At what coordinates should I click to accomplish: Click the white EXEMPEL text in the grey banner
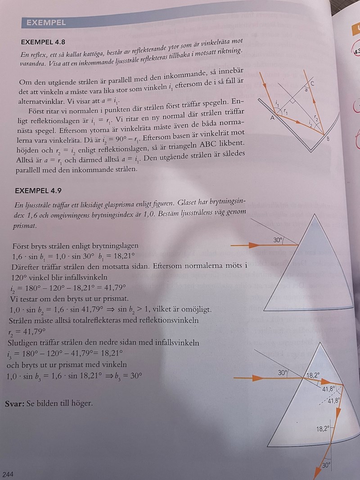(46, 22)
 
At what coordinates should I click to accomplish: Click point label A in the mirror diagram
(272, 118)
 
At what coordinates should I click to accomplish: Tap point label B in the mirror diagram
(328, 139)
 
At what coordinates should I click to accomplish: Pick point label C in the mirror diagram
(312, 84)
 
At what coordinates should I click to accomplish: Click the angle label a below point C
(306, 90)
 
